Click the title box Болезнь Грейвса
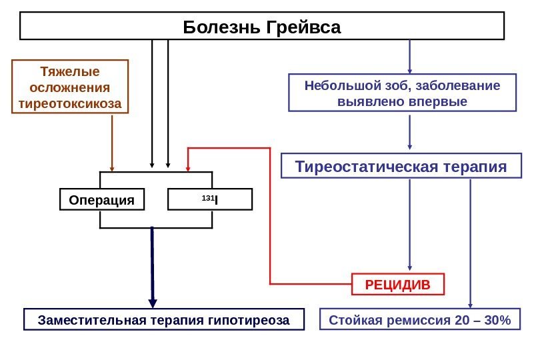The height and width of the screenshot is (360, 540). [262, 27]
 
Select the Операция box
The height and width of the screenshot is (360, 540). [102, 200]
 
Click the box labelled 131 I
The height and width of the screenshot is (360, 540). [210, 199]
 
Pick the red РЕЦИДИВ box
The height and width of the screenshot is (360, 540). [397, 284]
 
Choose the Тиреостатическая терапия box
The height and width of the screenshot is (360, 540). [401, 166]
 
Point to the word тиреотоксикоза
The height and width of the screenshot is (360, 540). [70, 103]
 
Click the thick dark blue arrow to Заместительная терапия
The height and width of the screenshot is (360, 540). [153, 267]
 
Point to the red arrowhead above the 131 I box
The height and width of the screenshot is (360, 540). [189, 164]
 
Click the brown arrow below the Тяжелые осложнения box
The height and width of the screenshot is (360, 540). [112, 143]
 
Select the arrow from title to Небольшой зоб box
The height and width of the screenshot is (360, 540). [409, 57]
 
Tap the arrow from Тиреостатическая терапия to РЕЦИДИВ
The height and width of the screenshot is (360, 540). [409, 227]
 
